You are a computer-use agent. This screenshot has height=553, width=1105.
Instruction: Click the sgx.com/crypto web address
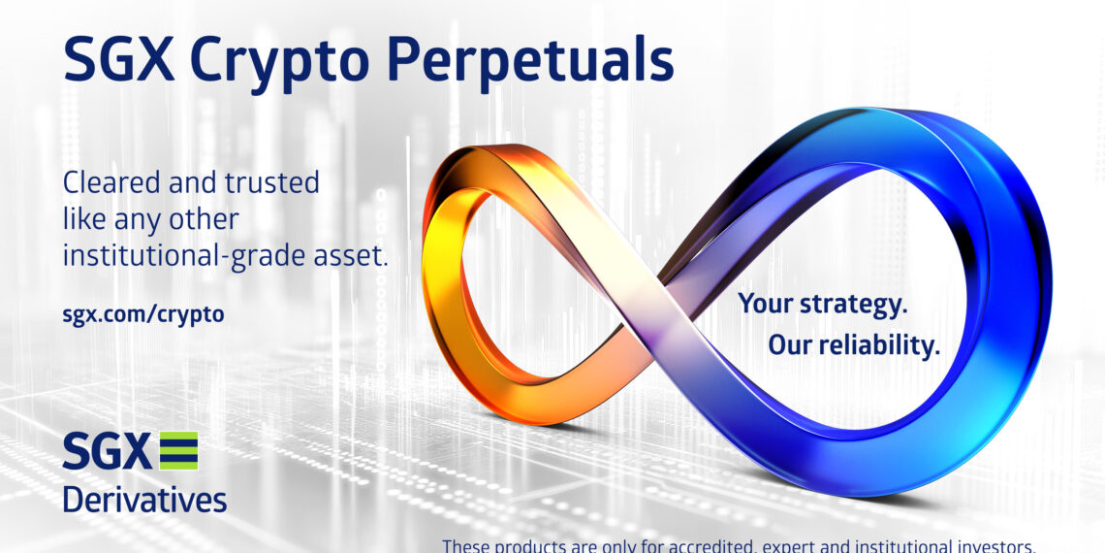[143, 314]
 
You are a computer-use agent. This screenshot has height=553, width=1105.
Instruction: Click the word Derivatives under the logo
[144, 499]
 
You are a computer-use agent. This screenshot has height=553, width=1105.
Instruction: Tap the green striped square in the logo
[178, 451]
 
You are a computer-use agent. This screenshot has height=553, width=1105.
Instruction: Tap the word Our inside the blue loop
[789, 345]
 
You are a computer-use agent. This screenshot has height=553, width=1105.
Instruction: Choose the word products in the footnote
[534, 545]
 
